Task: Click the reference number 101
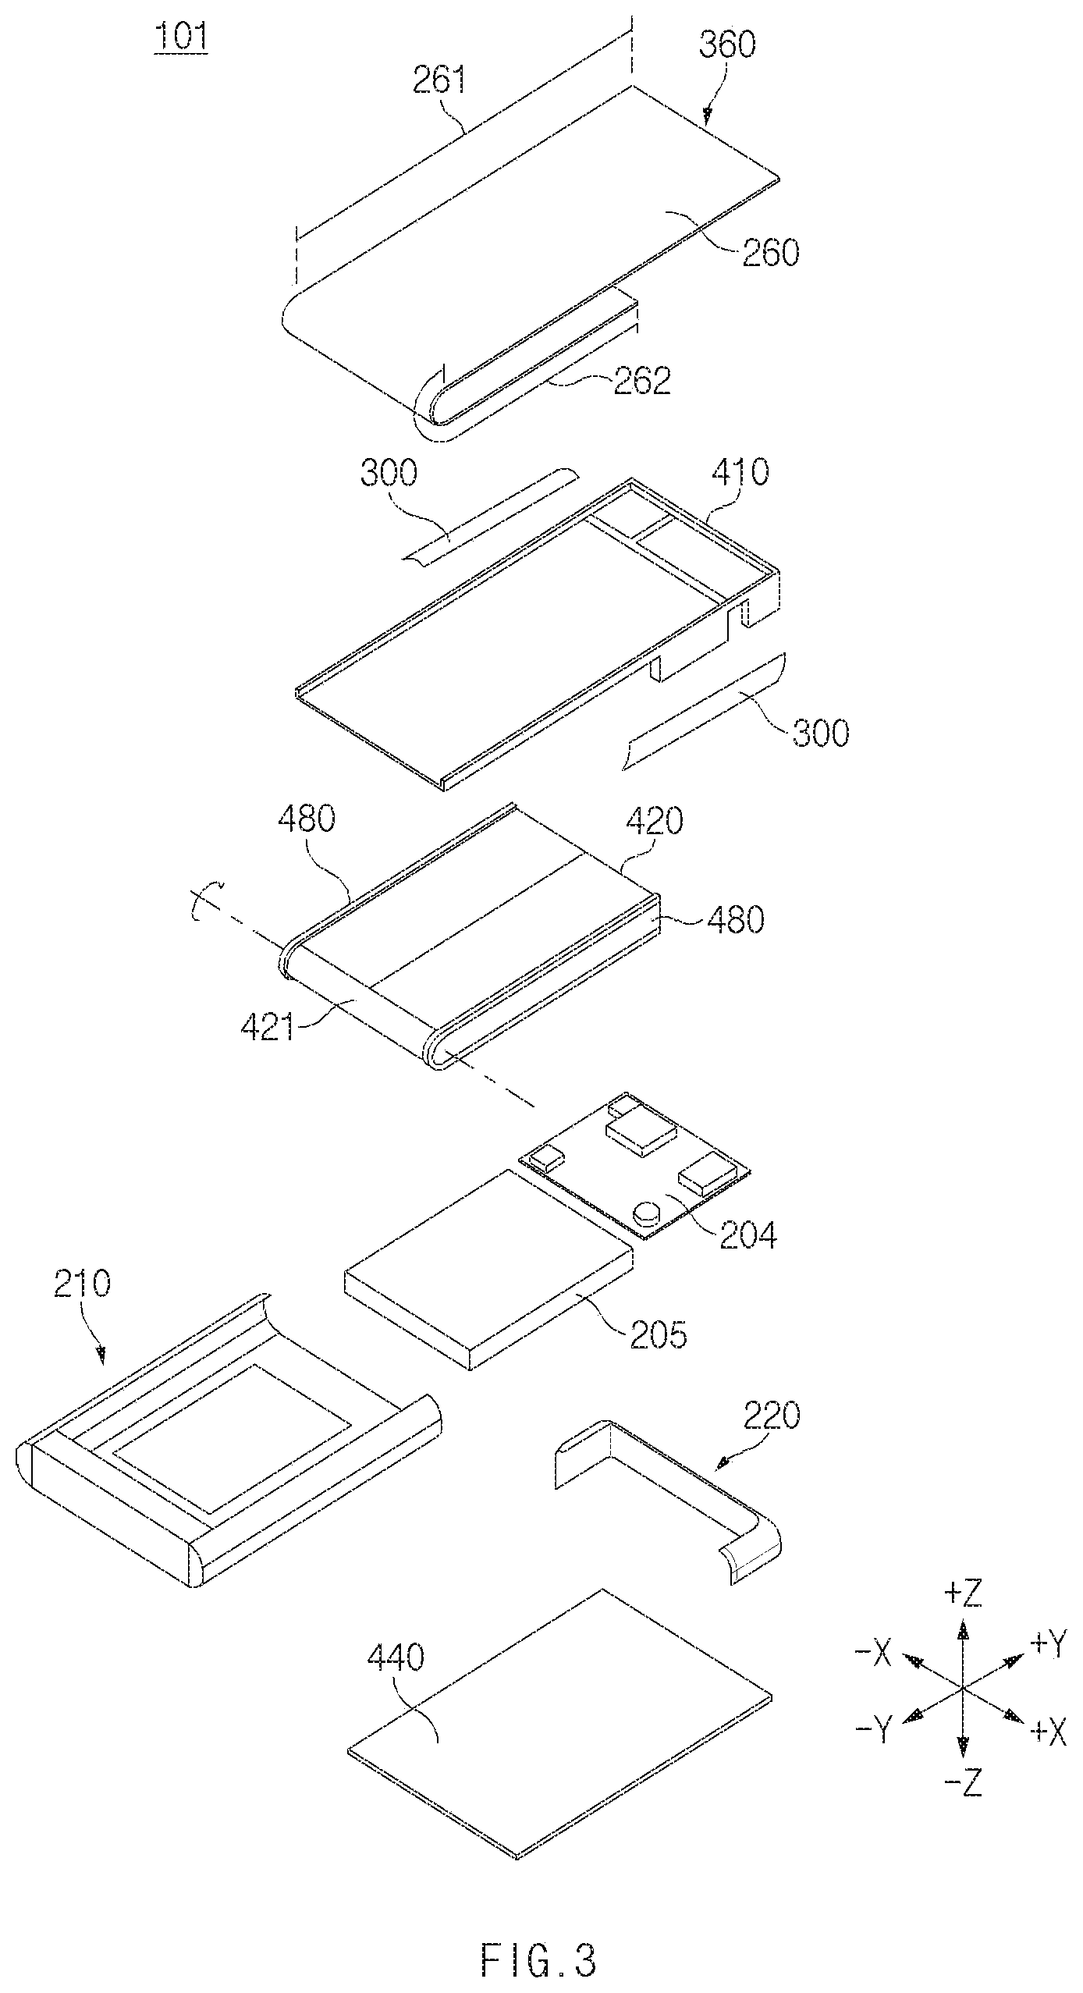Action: tap(181, 38)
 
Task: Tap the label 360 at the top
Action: tap(727, 45)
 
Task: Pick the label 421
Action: tap(268, 1028)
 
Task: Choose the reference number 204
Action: tap(748, 1235)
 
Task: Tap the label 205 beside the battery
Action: tap(659, 1335)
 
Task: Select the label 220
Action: tap(772, 1415)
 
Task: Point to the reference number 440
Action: tap(396, 1657)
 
